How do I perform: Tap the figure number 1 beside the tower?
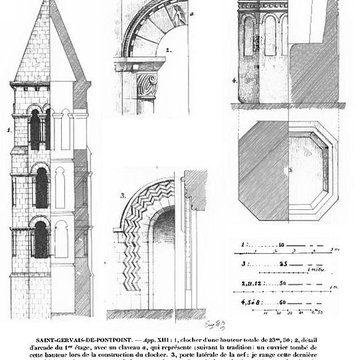point(9,127)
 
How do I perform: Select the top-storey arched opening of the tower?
point(39,127)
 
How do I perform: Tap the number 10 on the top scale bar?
point(281,243)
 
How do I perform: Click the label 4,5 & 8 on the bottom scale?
point(254,298)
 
